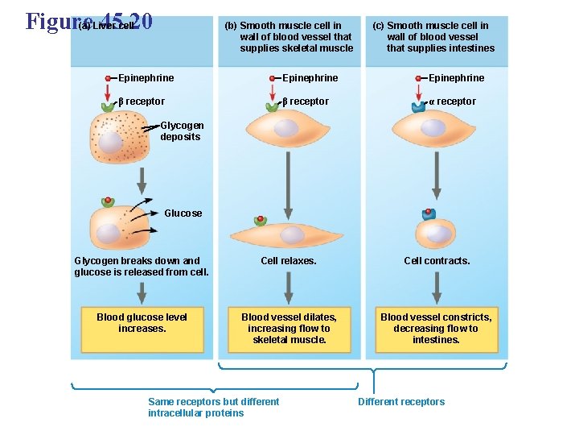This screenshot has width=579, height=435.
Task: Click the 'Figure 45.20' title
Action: pyautogui.click(x=88, y=21)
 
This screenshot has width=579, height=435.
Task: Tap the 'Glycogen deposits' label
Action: pyautogui.click(x=180, y=130)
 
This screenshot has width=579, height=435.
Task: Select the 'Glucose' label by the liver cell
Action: pyautogui.click(x=183, y=213)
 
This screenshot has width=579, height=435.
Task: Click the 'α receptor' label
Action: pyautogui.click(x=452, y=101)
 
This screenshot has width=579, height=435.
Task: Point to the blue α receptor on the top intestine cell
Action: pyautogui.click(x=419, y=106)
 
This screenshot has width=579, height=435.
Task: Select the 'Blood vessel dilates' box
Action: pyautogui.click(x=289, y=329)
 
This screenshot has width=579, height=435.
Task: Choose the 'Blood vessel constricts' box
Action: pyautogui.click(x=436, y=329)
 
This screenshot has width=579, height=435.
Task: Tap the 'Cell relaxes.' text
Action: pyautogui.click(x=289, y=261)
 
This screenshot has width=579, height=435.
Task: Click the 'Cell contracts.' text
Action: pyautogui.click(x=437, y=261)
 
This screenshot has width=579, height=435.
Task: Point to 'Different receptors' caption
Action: pyautogui.click(x=401, y=402)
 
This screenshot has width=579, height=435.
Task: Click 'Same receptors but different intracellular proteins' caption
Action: pyautogui.click(x=213, y=408)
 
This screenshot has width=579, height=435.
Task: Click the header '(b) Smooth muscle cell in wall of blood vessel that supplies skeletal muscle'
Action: pyautogui.click(x=289, y=37)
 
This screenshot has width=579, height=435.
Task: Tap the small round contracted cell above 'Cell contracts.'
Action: pyautogui.click(x=435, y=233)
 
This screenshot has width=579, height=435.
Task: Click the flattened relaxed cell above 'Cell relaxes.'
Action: pyautogui.click(x=289, y=234)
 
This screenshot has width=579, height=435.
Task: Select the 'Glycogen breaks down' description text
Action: pyautogui.click(x=142, y=267)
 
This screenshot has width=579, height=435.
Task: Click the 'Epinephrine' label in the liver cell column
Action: pyautogui.click(x=146, y=78)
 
